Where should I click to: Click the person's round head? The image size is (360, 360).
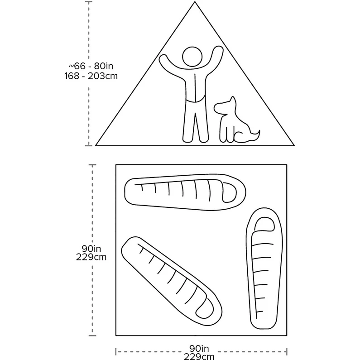(192, 57)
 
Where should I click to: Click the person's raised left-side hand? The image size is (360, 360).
(163, 58)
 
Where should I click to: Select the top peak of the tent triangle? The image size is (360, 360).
(195, 2)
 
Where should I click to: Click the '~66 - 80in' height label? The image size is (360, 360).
(91, 66)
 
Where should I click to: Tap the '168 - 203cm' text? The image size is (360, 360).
(91, 76)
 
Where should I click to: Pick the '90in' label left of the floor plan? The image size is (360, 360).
(91, 249)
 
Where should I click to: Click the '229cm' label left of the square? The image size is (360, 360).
(91, 257)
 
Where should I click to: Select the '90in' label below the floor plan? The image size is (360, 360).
(199, 349)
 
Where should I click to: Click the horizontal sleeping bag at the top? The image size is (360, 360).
(185, 192)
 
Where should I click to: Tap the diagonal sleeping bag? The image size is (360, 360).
(172, 281)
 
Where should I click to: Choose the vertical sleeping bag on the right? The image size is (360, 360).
(264, 269)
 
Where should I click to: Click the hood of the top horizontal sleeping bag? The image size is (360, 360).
(230, 192)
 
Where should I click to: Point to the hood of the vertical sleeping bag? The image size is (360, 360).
(264, 224)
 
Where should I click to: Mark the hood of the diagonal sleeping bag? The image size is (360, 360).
(205, 308)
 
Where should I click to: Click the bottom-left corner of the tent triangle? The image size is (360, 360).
(96, 145)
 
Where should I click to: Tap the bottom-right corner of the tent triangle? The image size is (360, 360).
(294, 145)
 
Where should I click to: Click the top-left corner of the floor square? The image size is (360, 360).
(116, 165)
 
